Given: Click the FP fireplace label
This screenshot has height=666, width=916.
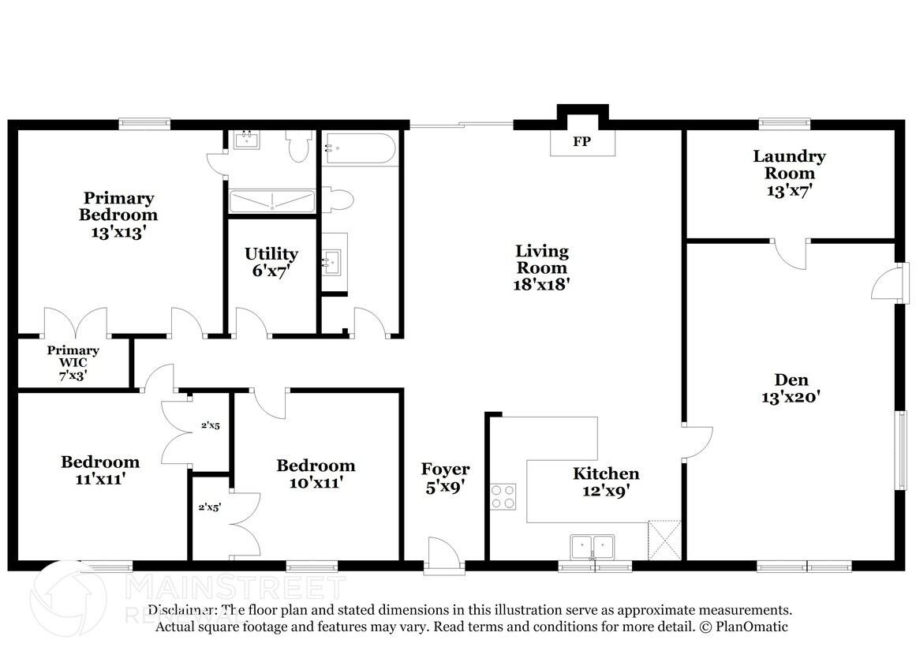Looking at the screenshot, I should tap(582, 143).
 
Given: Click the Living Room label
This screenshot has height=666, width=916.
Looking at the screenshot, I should tap(542, 268).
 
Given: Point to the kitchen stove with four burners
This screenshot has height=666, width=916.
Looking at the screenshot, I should tap(503, 496).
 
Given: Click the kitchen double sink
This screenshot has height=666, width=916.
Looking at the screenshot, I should tap(593, 546).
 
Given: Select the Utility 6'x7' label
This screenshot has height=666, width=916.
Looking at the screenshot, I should tap(271, 262).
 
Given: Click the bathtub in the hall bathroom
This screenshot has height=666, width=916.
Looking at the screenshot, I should tap(359, 148).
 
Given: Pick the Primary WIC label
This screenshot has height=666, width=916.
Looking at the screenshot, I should tap(73, 363).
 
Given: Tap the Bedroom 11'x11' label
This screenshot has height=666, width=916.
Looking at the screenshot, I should tap(100, 470).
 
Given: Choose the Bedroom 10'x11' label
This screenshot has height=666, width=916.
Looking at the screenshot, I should tap(316, 473).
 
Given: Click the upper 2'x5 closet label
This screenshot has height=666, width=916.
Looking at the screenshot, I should tap(210, 425).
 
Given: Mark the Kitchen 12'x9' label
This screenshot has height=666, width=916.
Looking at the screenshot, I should tap(606, 481).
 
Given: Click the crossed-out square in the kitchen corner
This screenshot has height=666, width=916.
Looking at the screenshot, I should tap(664, 540).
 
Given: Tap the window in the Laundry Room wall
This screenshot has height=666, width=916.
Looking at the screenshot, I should tap(784, 123).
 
